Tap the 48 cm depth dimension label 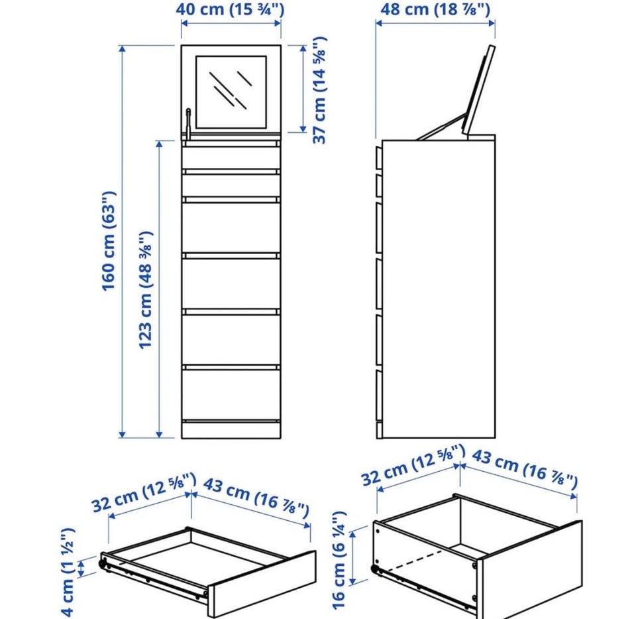point(435,9)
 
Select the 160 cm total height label point(109,241)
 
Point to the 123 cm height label point(146,290)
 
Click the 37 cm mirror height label point(319,90)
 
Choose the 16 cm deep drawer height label point(339,561)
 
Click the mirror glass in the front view point(231,92)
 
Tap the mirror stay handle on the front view point(188,123)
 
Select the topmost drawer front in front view point(231,158)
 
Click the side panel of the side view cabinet point(439,289)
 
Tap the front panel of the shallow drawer point(262,584)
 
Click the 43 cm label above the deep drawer point(525,469)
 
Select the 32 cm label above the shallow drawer point(144,492)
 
